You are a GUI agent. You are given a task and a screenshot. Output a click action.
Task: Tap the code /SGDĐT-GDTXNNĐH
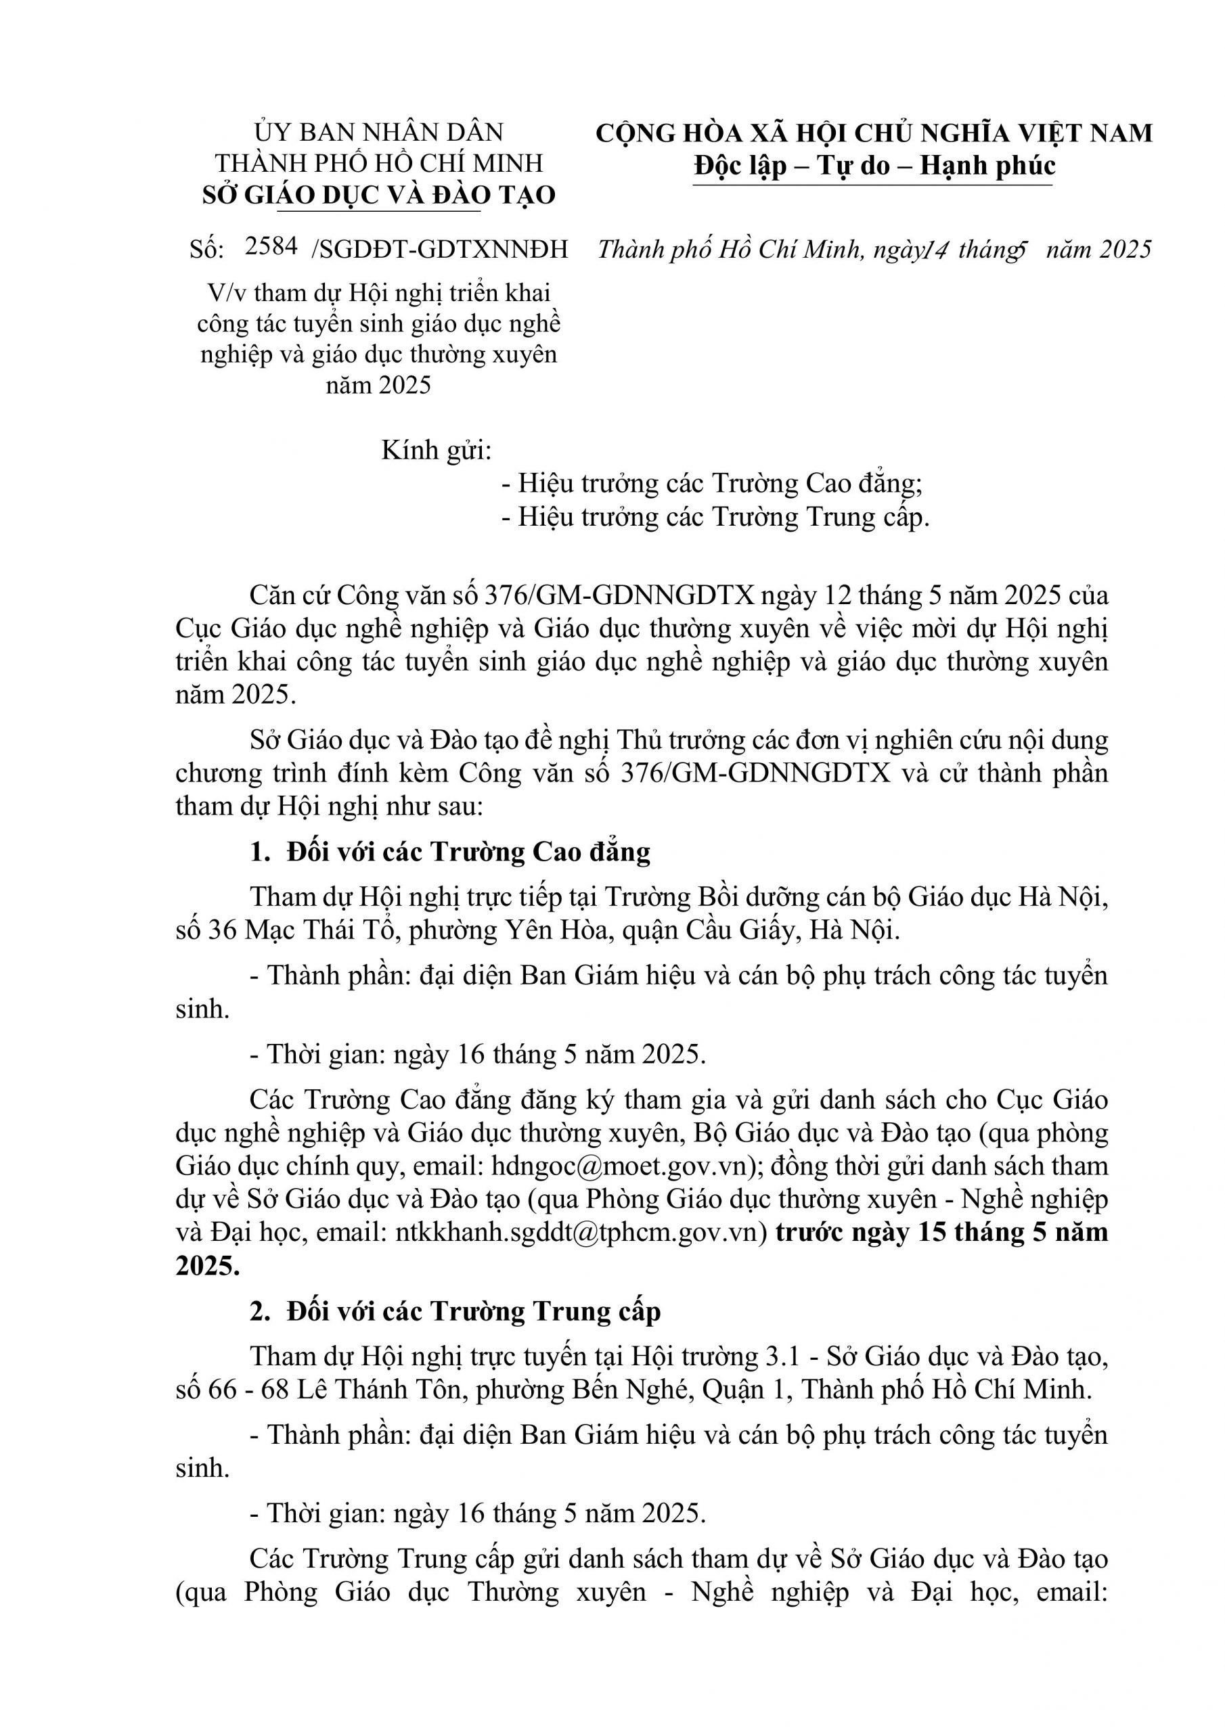pyautogui.click(x=439, y=249)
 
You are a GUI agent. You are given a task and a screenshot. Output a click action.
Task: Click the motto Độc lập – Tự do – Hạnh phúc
pyautogui.click(x=874, y=165)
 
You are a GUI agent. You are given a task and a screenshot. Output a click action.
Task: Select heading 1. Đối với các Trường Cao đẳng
pyautogui.click(x=451, y=852)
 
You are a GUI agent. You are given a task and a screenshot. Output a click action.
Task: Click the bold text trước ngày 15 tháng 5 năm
pyautogui.click(x=942, y=1232)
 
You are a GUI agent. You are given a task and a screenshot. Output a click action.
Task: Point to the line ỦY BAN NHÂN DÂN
pyautogui.click(x=379, y=132)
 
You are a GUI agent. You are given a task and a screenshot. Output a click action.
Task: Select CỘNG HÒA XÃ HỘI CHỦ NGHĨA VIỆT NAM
pyautogui.click(x=874, y=133)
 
